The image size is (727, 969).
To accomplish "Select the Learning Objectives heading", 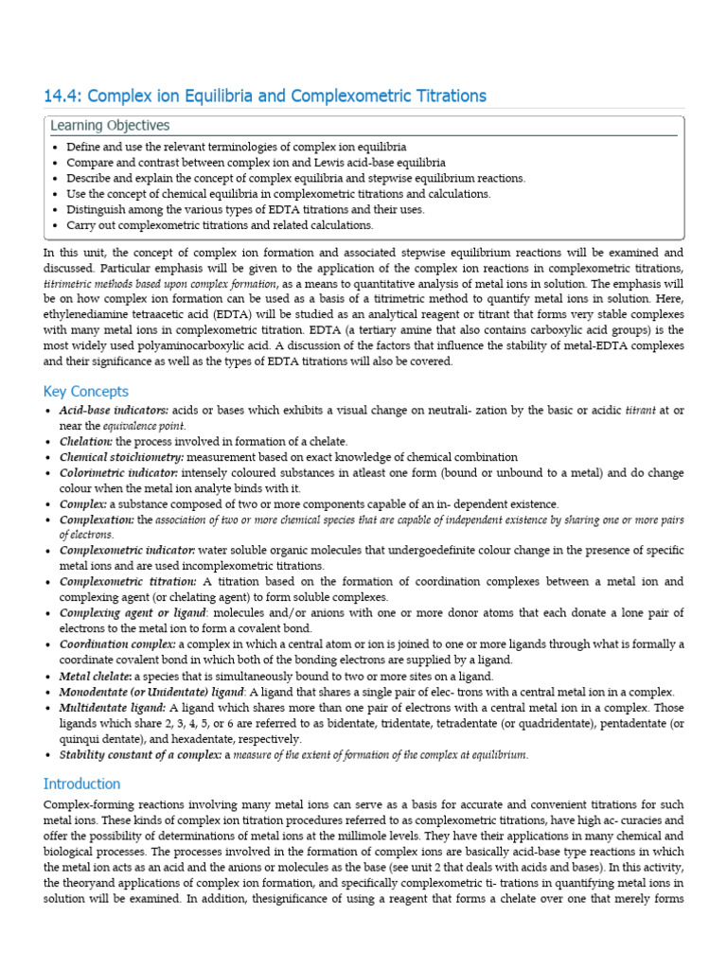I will [110, 126].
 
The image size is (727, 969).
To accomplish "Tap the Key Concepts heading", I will [86, 392].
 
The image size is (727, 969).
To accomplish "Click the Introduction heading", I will [82, 784].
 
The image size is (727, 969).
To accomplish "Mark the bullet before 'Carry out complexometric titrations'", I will [56, 225].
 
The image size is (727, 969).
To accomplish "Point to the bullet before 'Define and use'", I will [56, 149].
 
